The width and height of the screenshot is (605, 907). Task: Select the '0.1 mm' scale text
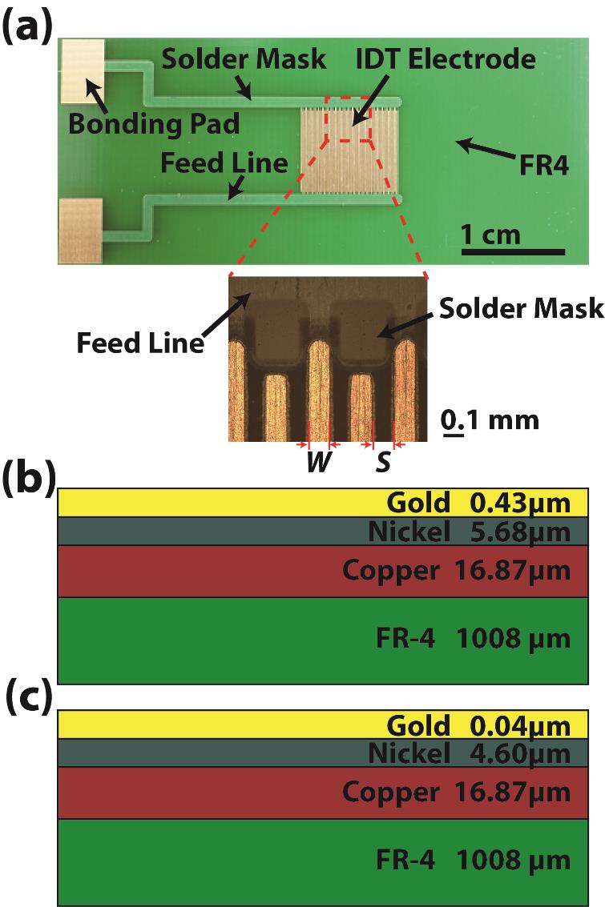(490, 419)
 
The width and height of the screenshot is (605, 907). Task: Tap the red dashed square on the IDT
(348, 119)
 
